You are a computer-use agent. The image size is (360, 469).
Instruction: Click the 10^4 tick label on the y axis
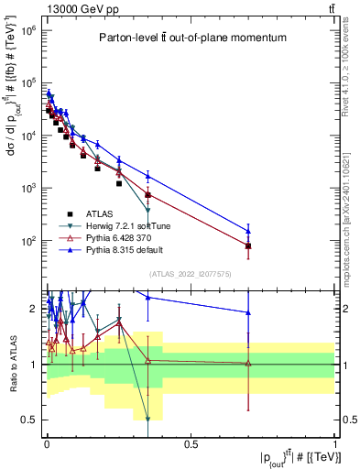tap(27, 136)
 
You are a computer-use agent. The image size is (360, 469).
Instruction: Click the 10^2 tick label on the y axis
tap(27, 241)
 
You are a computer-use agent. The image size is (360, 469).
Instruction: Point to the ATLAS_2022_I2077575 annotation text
tap(191, 272)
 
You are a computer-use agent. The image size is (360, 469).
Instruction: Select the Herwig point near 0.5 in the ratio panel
tap(147, 420)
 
